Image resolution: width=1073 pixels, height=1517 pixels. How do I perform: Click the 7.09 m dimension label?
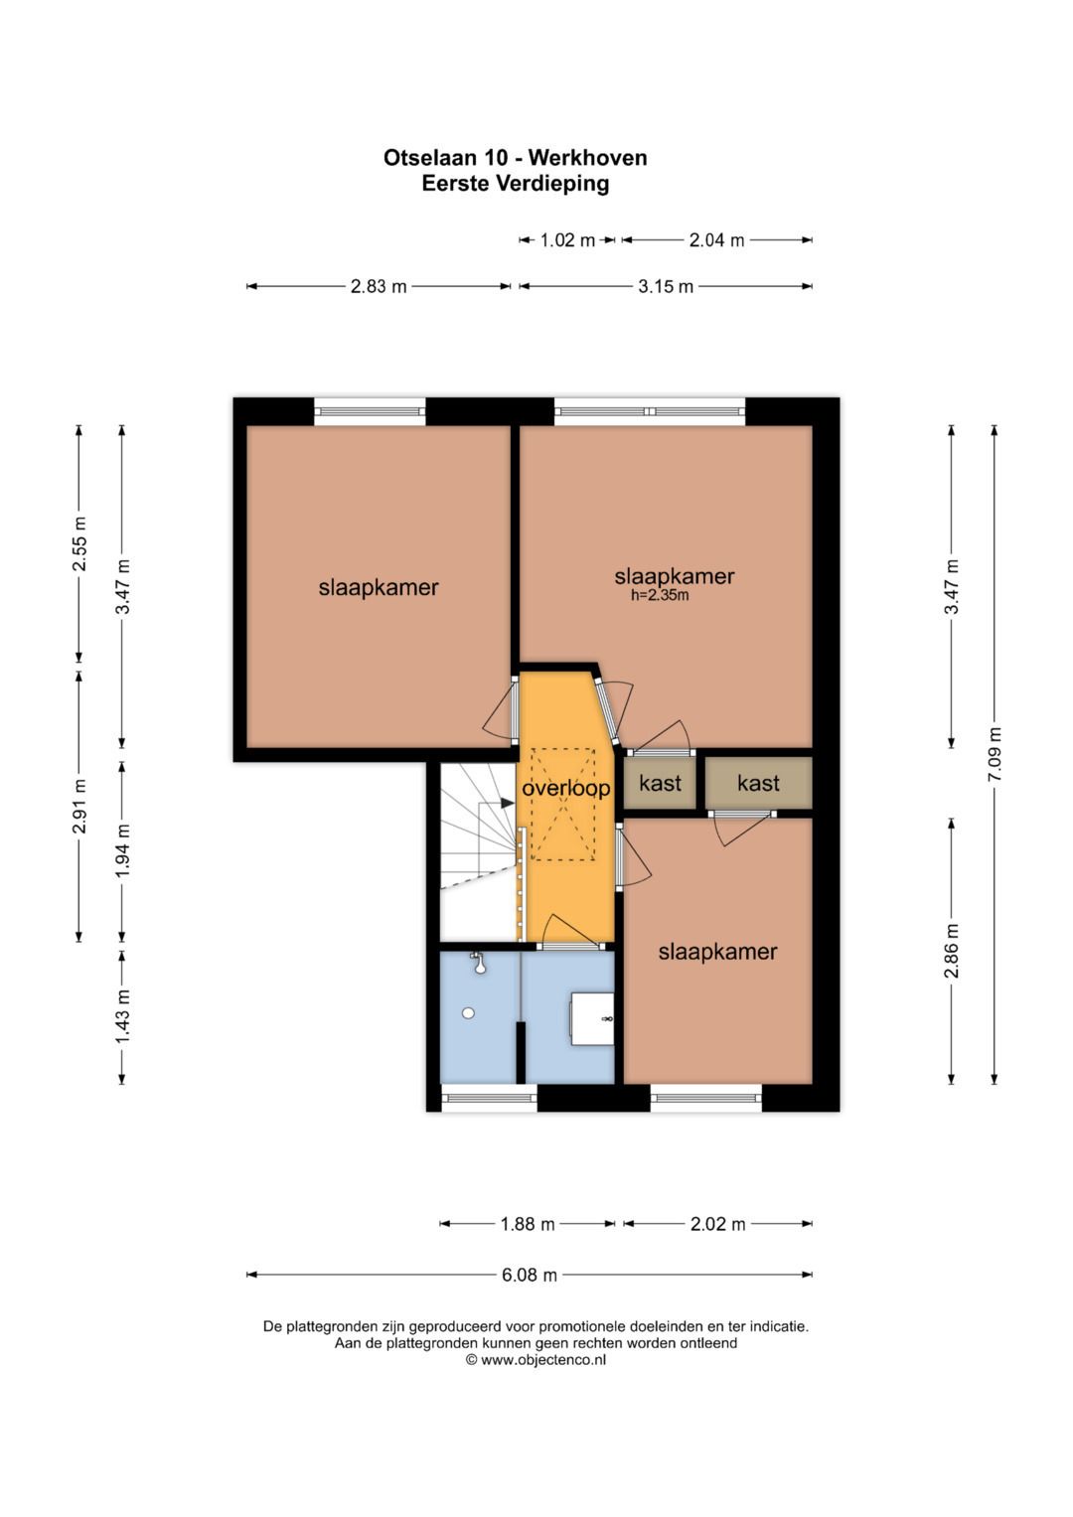pyautogui.click(x=994, y=754)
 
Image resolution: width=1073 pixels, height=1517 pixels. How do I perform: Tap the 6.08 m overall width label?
pyautogui.click(x=529, y=1276)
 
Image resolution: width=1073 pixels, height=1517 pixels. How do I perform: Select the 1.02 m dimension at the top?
pyautogui.click(x=567, y=240)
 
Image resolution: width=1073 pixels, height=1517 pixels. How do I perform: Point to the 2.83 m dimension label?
pyautogui.click(x=379, y=286)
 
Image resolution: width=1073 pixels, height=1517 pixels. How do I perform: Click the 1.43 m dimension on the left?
pyautogui.click(x=122, y=1016)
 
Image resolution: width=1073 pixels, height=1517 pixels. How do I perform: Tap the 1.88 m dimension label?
pyautogui.click(x=527, y=1224)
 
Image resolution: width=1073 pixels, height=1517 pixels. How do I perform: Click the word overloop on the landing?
pyautogui.click(x=565, y=788)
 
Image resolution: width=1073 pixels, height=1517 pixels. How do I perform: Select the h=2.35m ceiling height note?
pyautogui.click(x=660, y=595)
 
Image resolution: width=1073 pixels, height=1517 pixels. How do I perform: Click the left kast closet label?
pyautogui.click(x=660, y=783)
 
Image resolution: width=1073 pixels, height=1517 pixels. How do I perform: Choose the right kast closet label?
pyautogui.click(x=758, y=783)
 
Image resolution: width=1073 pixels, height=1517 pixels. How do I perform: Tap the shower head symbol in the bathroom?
pyautogui.click(x=478, y=963)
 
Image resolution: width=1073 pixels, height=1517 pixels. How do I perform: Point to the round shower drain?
pyautogui.click(x=468, y=1013)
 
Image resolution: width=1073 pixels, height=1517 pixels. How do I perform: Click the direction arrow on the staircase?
pyautogui.click(x=507, y=803)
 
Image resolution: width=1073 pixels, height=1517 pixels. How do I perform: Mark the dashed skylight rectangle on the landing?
pyautogui.click(x=563, y=804)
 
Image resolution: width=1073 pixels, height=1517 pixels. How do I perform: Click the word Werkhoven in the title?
pyautogui.click(x=587, y=158)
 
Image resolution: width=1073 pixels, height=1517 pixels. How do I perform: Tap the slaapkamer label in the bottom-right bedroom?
pyautogui.click(x=717, y=952)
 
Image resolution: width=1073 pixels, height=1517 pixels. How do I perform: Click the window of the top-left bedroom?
pyautogui.click(x=370, y=411)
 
